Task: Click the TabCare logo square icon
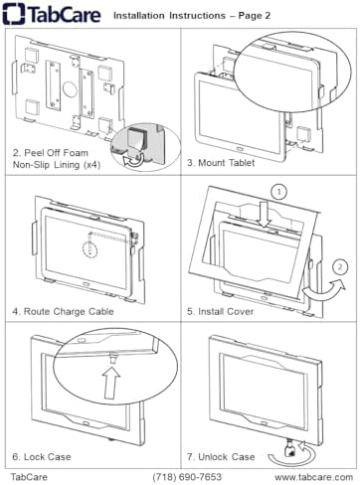[14, 14]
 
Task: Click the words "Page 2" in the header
[255, 16]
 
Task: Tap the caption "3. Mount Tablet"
[221, 163]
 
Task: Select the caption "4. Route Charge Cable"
[63, 311]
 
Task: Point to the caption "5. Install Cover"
[221, 311]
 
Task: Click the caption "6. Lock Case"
[42, 457]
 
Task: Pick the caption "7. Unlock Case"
[221, 457]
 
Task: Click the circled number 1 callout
[279, 192]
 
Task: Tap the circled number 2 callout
[340, 267]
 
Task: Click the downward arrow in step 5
[265, 216]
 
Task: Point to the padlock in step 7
[290, 450]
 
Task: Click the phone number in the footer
[187, 477]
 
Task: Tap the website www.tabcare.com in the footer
[313, 477]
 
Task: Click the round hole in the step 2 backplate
[70, 88]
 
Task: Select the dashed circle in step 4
[90, 248]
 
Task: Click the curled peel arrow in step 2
[134, 160]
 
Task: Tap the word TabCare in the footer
[29, 477]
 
